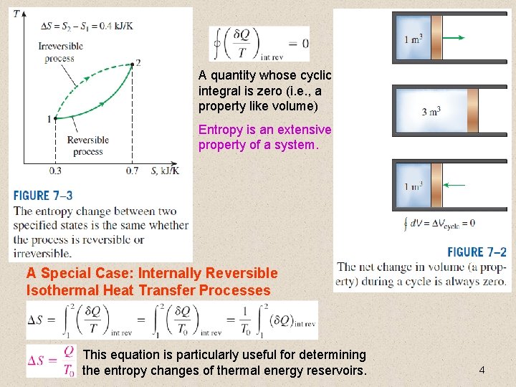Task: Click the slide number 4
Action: pos(482,370)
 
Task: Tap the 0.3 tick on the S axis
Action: pos(55,171)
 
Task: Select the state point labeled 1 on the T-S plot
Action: pos(55,118)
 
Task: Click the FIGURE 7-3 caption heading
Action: pos(43,195)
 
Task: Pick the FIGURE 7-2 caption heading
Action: pos(477,252)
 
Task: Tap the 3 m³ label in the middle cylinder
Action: pos(431,111)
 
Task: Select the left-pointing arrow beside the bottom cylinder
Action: pos(454,185)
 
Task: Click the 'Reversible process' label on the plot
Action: pos(87,146)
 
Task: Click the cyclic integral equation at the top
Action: pos(259,44)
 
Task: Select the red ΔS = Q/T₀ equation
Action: pos(51,360)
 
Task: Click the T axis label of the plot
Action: pos(16,14)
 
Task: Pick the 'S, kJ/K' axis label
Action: pos(165,171)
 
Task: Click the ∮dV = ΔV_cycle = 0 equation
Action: pos(439,223)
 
